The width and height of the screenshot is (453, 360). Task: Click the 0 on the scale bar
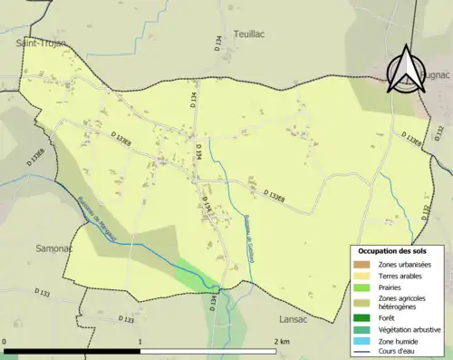click(5, 342)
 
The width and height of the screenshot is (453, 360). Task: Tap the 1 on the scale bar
click(140, 342)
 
